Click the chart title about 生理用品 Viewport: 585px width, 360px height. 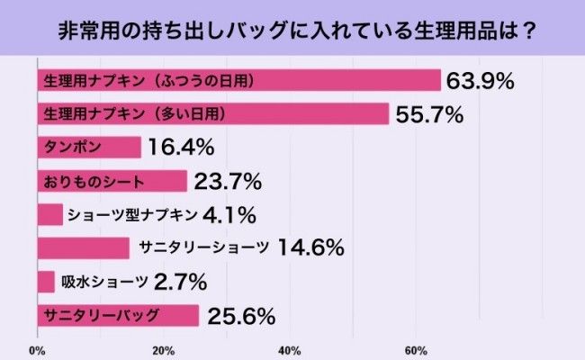pyautogui.click(x=292, y=29)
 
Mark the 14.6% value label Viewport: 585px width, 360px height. pyautogui.click(x=313, y=248)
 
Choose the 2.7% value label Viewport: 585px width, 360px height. pyautogui.click(x=180, y=282)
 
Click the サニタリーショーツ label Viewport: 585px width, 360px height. pyautogui.click(x=203, y=248)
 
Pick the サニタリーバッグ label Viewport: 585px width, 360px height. pyautogui.click(x=101, y=315)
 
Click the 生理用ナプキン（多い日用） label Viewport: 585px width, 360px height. pyautogui.click(x=133, y=114)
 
